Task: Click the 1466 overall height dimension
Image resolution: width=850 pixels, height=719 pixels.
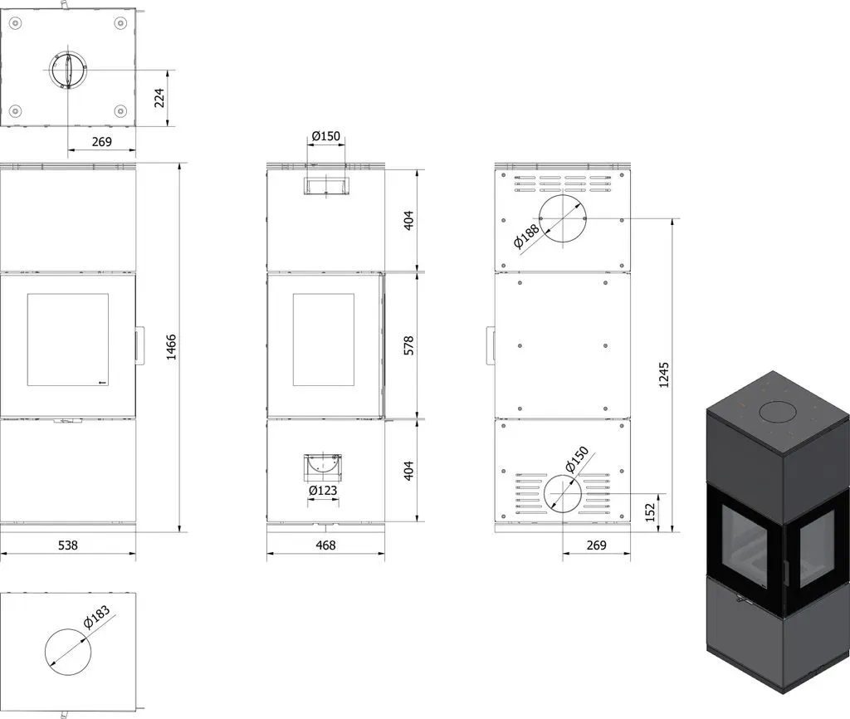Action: tap(171, 347)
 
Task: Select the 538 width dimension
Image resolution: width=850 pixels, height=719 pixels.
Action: tap(68, 545)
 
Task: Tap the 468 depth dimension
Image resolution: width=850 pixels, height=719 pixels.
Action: tap(325, 545)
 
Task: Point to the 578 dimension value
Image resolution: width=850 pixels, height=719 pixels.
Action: tap(408, 345)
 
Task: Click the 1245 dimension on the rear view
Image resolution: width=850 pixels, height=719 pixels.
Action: tap(664, 374)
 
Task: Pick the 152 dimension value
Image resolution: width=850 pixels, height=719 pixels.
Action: tap(651, 512)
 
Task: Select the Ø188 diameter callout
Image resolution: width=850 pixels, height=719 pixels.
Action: tap(526, 236)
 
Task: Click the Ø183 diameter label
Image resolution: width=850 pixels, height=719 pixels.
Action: tap(97, 618)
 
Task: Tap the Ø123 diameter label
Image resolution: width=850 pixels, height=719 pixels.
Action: tap(323, 490)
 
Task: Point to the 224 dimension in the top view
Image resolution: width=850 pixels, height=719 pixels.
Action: tap(159, 98)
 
